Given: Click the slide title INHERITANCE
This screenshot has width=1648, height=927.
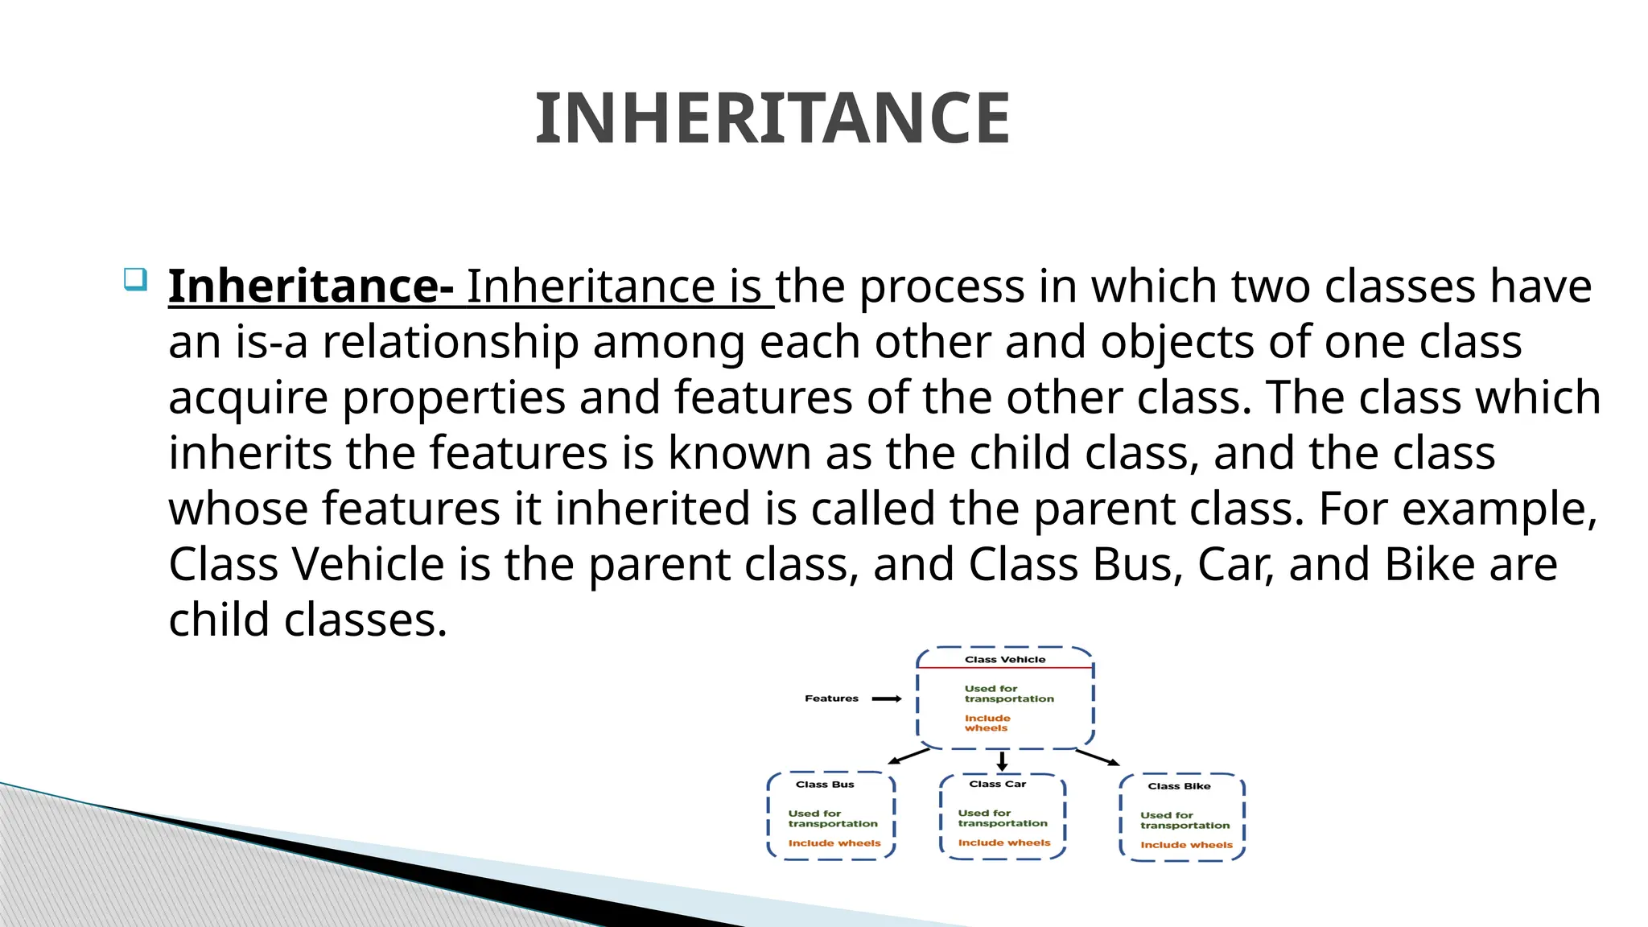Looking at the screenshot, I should (x=772, y=119).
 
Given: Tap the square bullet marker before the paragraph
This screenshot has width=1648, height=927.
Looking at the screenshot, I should (x=135, y=279).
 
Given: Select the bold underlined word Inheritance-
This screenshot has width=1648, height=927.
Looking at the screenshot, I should (x=311, y=286).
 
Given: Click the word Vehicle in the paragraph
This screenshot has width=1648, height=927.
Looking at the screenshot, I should (x=368, y=564).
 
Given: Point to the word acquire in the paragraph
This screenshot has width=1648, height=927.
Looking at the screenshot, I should (x=248, y=398).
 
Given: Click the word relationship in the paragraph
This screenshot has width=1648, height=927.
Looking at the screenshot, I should (x=451, y=343).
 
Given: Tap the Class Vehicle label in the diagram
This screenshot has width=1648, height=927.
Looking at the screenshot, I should (x=1005, y=659).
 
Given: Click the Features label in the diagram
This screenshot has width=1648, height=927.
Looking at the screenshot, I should (x=831, y=698).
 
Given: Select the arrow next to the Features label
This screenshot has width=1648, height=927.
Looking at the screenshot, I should (x=887, y=698).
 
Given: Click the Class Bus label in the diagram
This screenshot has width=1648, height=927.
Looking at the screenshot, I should (x=825, y=785).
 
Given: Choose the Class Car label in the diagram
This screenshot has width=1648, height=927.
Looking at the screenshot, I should (x=997, y=784).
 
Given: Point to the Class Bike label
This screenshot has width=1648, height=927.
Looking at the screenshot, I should (x=1179, y=786).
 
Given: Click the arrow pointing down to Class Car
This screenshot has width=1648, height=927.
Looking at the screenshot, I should (x=1002, y=761).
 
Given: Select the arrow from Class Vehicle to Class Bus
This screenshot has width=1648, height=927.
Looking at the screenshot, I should (x=908, y=756).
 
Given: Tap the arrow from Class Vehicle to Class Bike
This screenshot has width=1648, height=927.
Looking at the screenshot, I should (x=1098, y=757).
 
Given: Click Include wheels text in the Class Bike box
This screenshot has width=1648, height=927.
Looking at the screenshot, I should (x=1186, y=845).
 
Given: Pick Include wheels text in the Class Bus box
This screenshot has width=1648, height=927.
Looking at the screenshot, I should (x=834, y=843).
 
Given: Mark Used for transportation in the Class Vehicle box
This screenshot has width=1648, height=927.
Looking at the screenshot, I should (x=1009, y=694).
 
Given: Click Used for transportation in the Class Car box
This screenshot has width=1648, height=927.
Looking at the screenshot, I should (x=1003, y=818).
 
